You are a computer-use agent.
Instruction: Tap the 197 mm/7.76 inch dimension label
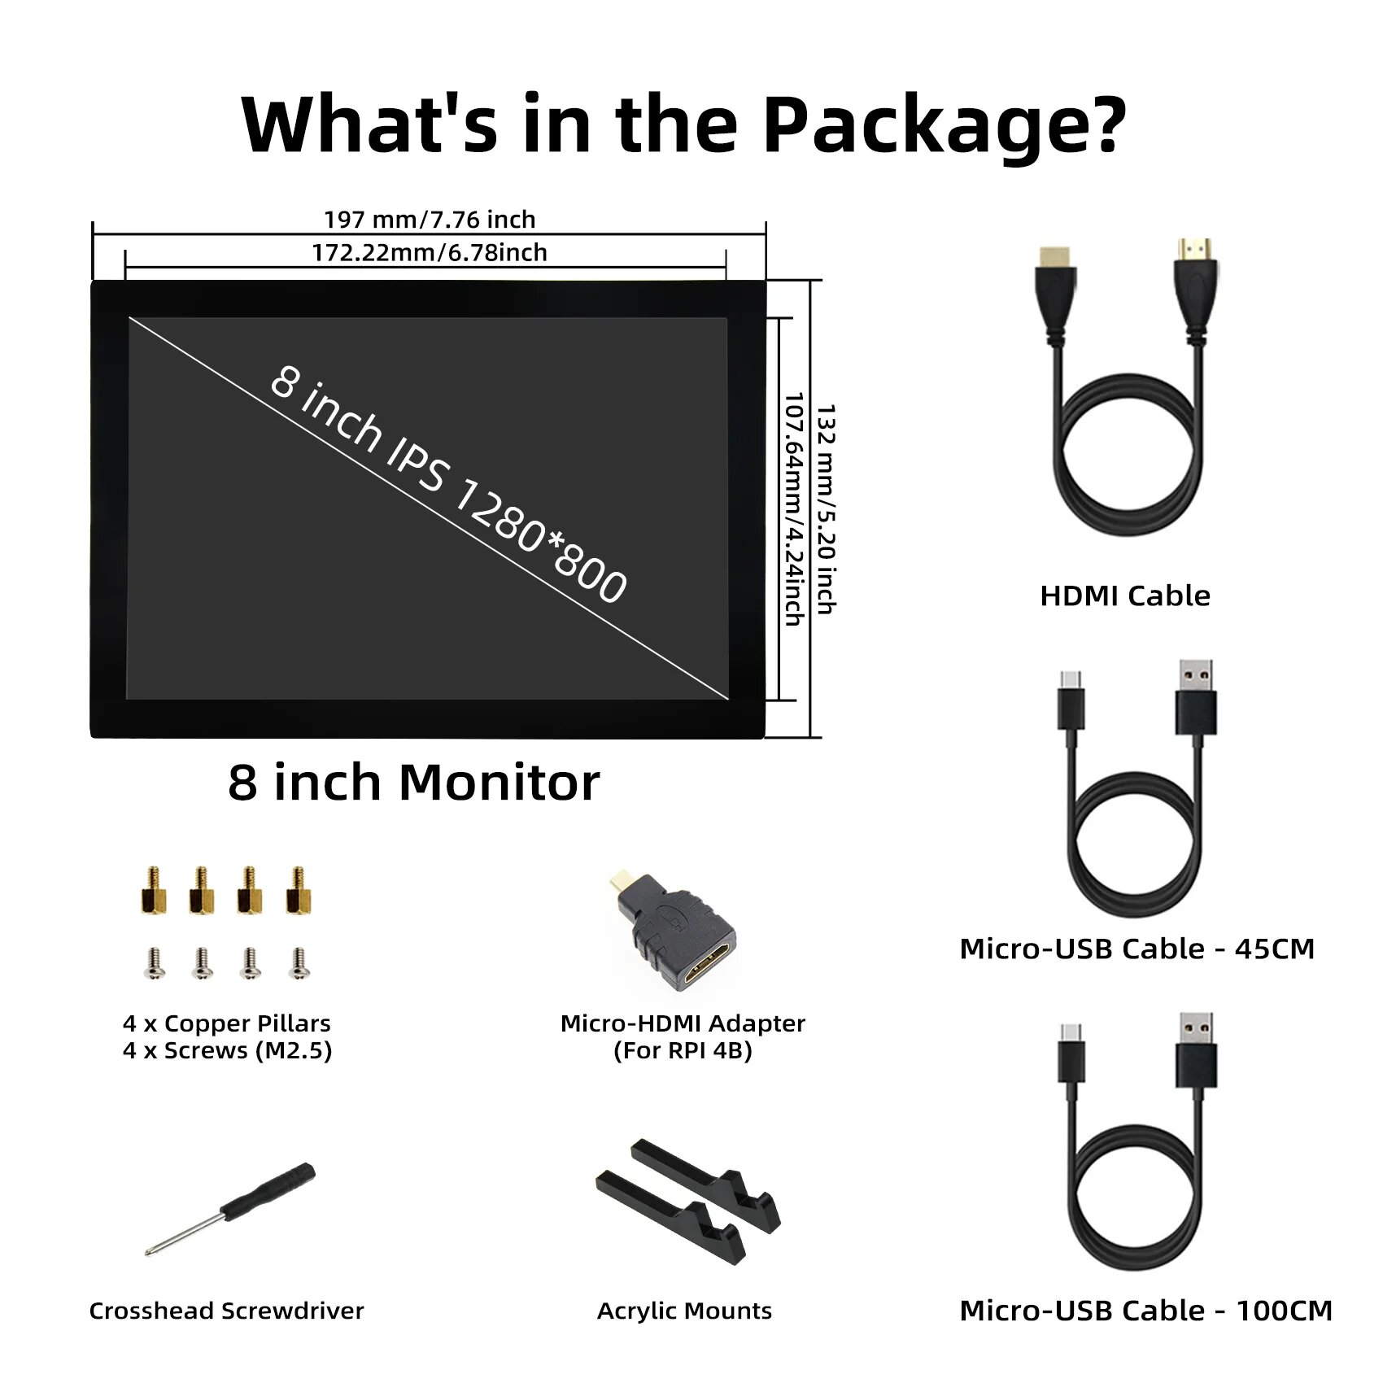click(x=430, y=220)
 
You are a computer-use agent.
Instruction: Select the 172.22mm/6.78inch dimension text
click(x=430, y=253)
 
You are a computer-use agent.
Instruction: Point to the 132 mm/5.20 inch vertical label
click(x=827, y=508)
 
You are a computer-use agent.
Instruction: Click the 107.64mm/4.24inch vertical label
click(x=794, y=508)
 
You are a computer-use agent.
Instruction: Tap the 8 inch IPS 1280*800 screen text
click(x=448, y=484)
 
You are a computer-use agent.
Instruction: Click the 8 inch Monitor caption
click(x=413, y=783)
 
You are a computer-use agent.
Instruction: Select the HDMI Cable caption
click(x=1125, y=596)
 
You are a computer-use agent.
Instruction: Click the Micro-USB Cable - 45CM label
click(x=1137, y=949)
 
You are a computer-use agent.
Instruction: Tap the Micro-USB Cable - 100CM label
click(x=1145, y=1311)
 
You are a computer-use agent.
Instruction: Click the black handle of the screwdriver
click(x=268, y=1192)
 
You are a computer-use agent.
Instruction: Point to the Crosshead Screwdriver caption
click(x=226, y=1311)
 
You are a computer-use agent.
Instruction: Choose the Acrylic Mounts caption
click(x=684, y=1311)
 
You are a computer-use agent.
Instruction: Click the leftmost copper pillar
click(x=153, y=892)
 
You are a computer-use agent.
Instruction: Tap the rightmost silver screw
click(x=299, y=964)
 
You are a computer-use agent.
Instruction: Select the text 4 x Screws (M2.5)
click(x=227, y=1051)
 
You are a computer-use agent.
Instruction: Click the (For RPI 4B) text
click(x=683, y=1051)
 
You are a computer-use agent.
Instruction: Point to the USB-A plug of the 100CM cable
click(x=1196, y=1054)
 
